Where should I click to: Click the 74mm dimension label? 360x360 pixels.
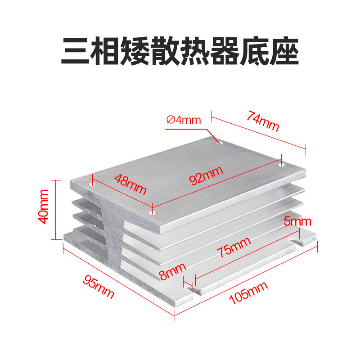point(263,121)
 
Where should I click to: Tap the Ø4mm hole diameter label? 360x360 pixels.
point(184,120)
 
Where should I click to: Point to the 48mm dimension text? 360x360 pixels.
point(130,184)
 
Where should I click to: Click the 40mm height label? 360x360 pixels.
point(43,207)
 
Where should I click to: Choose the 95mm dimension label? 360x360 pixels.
point(99,287)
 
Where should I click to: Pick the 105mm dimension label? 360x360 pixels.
point(248,293)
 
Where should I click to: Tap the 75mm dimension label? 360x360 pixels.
point(234,247)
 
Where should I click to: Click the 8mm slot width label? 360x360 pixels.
point(172,271)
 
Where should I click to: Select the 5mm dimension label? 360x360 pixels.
point(297,221)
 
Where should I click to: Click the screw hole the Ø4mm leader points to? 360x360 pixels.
point(219,143)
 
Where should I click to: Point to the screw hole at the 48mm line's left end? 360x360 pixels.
point(93,184)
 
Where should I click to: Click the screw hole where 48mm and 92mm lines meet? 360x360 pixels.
point(152,213)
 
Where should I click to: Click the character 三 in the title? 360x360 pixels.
point(76,51)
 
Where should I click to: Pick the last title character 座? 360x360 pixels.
point(284,51)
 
